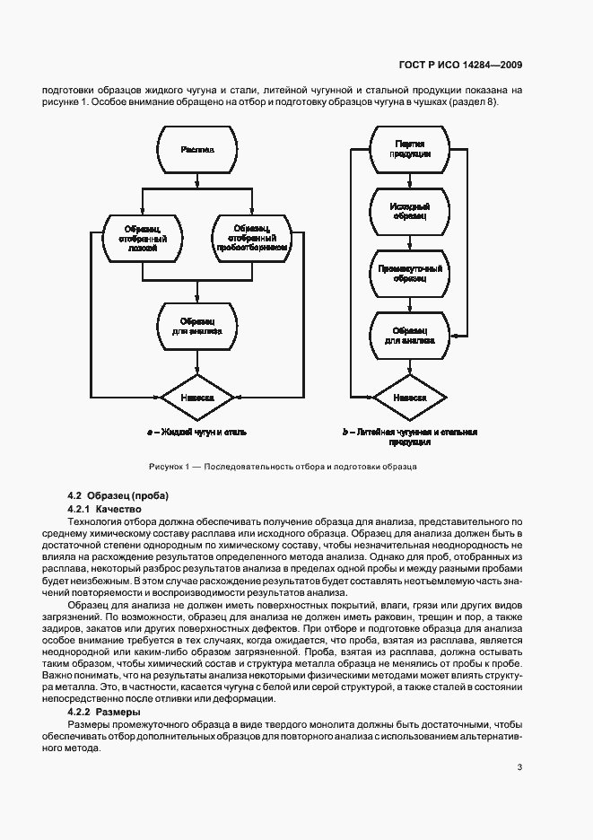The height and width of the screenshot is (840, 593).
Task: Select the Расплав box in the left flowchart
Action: [x=196, y=149]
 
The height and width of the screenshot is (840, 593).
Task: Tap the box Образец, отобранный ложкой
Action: [x=144, y=238]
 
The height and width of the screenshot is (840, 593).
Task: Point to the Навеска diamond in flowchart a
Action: [x=196, y=396]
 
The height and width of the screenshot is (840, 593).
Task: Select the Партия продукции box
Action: [x=410, y=149]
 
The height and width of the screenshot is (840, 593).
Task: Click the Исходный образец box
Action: [x=410, y=212]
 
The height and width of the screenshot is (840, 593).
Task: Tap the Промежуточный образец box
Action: [x=410, y=274]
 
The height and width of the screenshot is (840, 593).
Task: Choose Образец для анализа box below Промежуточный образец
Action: [x=410, y=335]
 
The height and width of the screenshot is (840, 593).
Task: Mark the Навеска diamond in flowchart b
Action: [x=410, y=396]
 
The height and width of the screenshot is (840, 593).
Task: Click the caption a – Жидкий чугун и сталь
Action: [x=196, y=432]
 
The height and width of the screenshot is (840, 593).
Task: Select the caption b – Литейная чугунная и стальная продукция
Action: [x=410, y=436]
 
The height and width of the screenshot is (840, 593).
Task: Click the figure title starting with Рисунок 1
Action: [x=283, y=468]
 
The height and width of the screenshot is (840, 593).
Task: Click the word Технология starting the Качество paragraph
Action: [x=97, y=521]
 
